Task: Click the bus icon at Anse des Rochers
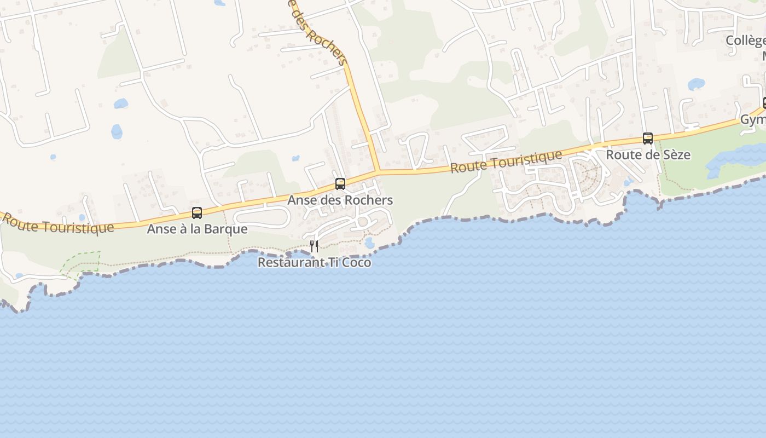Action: click(340, 184)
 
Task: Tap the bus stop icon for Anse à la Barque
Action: click(197, 213)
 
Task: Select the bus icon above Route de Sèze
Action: click(648, 139)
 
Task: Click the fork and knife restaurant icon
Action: click(314, 246)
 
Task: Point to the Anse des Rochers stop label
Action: click(340, 200)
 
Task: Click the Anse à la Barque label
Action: click(197, 229)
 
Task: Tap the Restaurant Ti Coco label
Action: click(314, 263)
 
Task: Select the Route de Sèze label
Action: click(648, 155)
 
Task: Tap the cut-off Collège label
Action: click(745, 41)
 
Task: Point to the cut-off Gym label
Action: click(753, 120)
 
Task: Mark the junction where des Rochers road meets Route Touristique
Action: click(378, 172)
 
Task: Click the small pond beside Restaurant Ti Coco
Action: click(369, 243)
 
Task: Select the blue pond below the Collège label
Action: click(696, 84)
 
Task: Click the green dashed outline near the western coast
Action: click(82, 263)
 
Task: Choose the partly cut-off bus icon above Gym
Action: click(764, 102)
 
